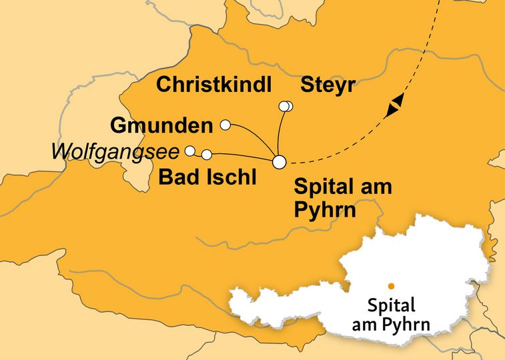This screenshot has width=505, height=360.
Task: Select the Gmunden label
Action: [161, 125]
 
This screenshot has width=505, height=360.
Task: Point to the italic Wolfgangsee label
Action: [115, 153]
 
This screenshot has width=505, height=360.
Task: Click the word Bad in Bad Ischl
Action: [175, 178]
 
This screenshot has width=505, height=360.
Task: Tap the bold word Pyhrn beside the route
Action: [325, 210]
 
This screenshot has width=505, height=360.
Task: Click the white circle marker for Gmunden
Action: [225, 125]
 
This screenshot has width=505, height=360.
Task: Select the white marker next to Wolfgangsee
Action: [190, 151]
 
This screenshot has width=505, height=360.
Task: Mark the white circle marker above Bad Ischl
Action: [207, 155]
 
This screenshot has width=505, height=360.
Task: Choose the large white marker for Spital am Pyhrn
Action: [280, 161]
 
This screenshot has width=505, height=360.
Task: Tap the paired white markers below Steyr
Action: [286, 106]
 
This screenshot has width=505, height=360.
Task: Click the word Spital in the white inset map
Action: [392, 306]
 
